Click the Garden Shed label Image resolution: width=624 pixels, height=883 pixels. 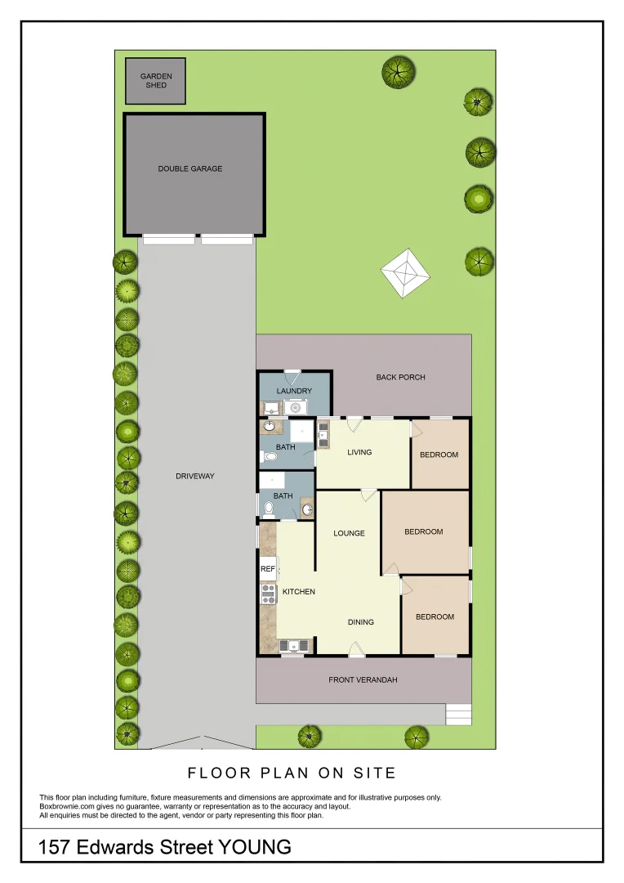pyautogui.click(x=155, y=80)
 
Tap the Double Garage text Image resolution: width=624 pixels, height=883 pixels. pyautogui.click(x=189, y=169)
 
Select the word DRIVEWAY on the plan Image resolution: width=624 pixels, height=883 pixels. pyautogui.click(x=194, y=476)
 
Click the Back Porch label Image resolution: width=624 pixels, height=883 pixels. pyautogui.click(x=400, y=377)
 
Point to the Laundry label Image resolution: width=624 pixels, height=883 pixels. pyautogui.click(x=294, y=391)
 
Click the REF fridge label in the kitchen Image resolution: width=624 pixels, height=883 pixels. pyautogui.click(x=267, y=568)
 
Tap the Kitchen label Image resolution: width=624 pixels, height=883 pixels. pyautogui.click(x=299, y=592)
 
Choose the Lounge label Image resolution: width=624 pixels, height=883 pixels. pyautogui.click(x=349, y=533)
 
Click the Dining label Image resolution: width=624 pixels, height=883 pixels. pyautogui.click(x=360, y=622)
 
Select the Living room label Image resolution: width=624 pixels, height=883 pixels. pyautogui.click(x=359, y=452)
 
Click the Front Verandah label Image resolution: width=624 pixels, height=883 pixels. pyautogui.click(x=363, y=679)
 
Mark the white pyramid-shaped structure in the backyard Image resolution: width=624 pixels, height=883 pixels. pyautogui.click(x=406, y=272)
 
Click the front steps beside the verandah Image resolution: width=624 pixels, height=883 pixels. pyautogui.click(x=459, y=714)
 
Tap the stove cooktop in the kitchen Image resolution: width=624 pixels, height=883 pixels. pyautogui.click(x=267, y=593)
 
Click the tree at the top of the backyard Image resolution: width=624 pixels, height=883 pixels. pyautogui.click(x=398, y=71)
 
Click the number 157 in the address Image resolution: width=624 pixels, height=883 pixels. pyautogui.click(x=56, y=847)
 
